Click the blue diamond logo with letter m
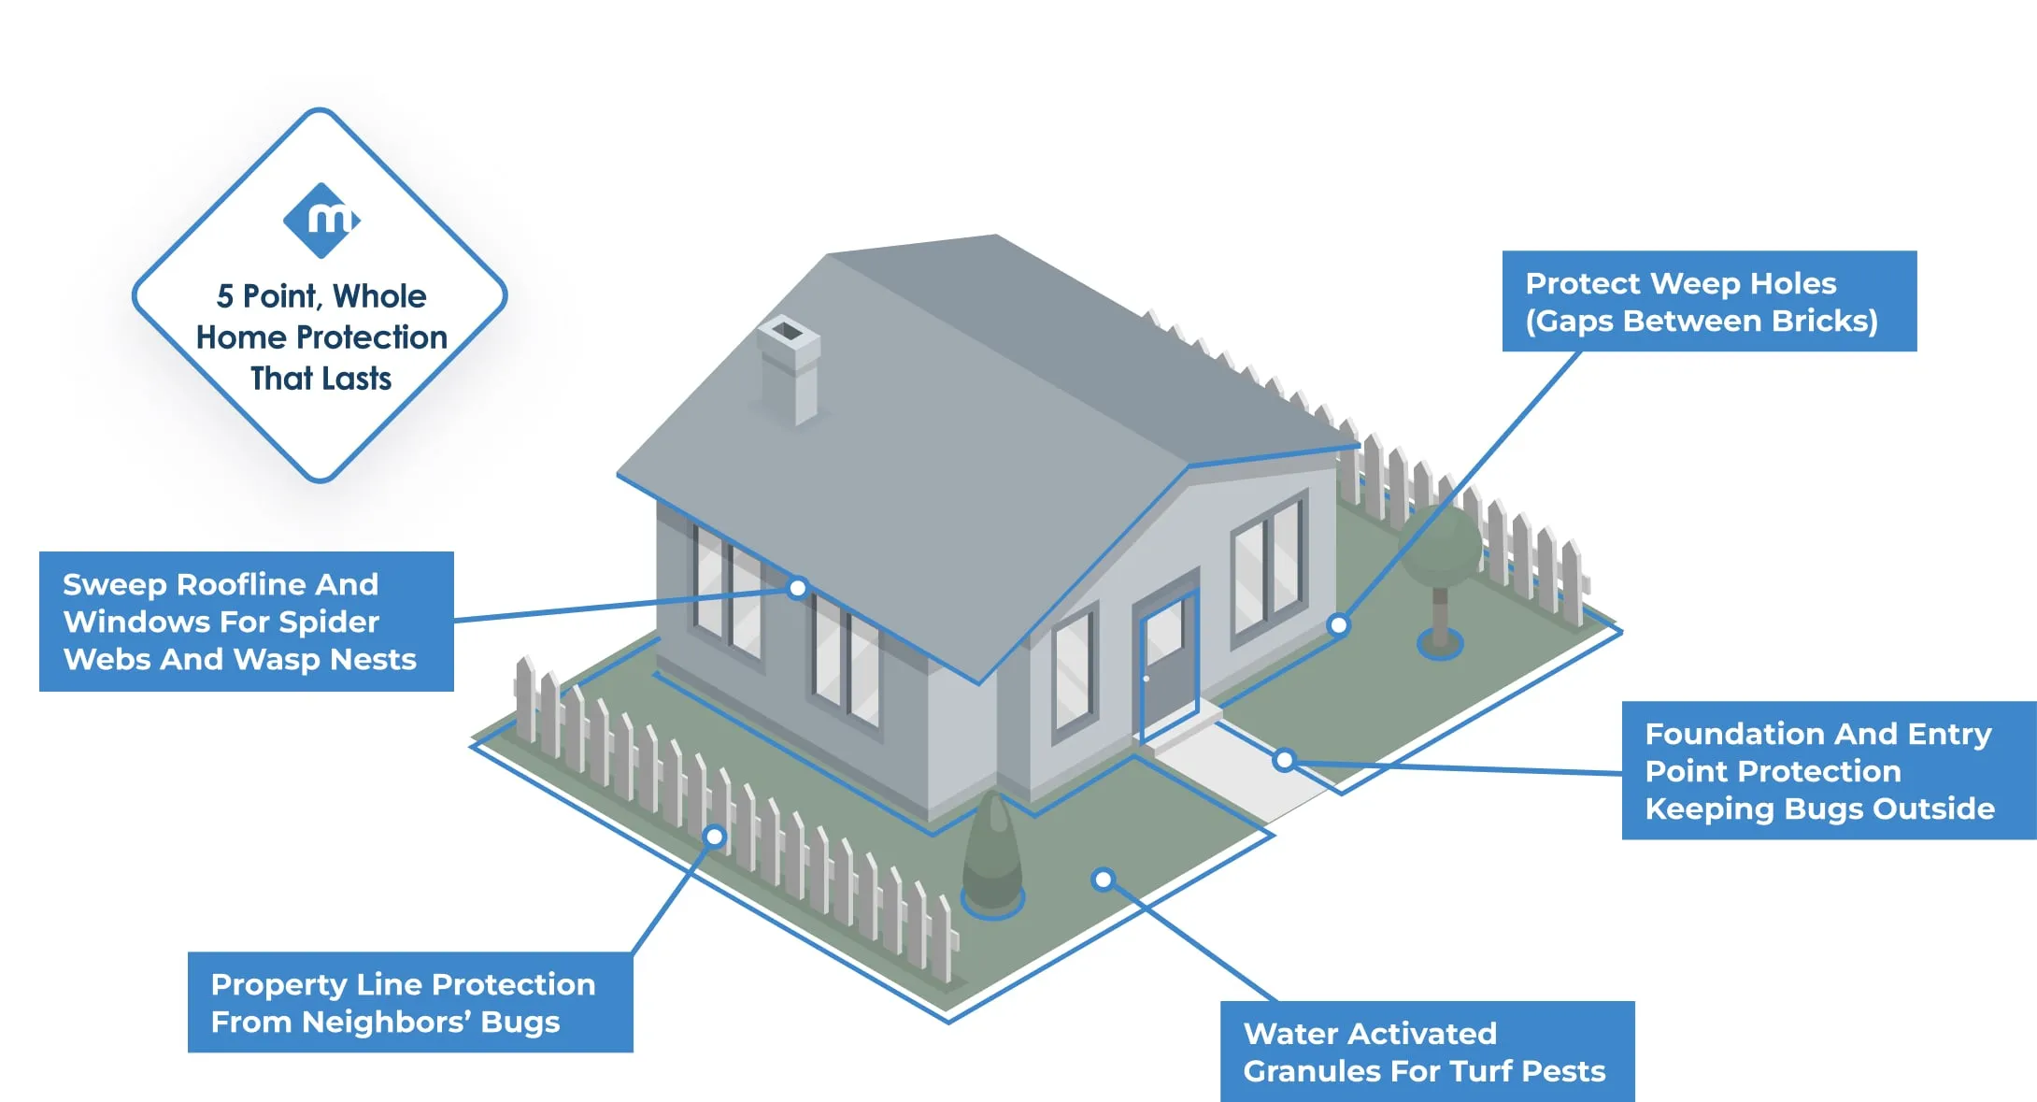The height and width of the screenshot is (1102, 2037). (x=321, y=221)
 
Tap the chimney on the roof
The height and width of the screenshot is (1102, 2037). (x=790, y=368)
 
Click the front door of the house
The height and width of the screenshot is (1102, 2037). (x=1169, y=665)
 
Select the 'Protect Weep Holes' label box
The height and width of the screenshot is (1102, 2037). (x=1708, y=301)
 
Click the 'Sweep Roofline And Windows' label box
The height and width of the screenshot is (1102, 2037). (x=246, y=622)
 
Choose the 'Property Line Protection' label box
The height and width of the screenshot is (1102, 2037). (x=409, y=1002)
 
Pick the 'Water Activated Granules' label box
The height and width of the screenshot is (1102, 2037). (x=1426, y=1052)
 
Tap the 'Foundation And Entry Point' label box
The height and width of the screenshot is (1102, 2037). (x=1828, y=770)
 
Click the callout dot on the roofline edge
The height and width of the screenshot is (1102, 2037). (x=797, y=588)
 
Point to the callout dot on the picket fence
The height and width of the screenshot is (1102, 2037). (x=715, y=837)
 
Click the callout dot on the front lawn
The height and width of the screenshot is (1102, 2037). (x=1103, y=880)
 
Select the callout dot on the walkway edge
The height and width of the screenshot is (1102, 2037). (x=1285, y=761)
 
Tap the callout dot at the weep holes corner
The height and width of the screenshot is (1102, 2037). (x=1339, y=624)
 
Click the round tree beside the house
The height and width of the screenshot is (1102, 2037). (x=1440, y=551)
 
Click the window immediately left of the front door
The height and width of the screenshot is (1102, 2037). (x=1074, y=672)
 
